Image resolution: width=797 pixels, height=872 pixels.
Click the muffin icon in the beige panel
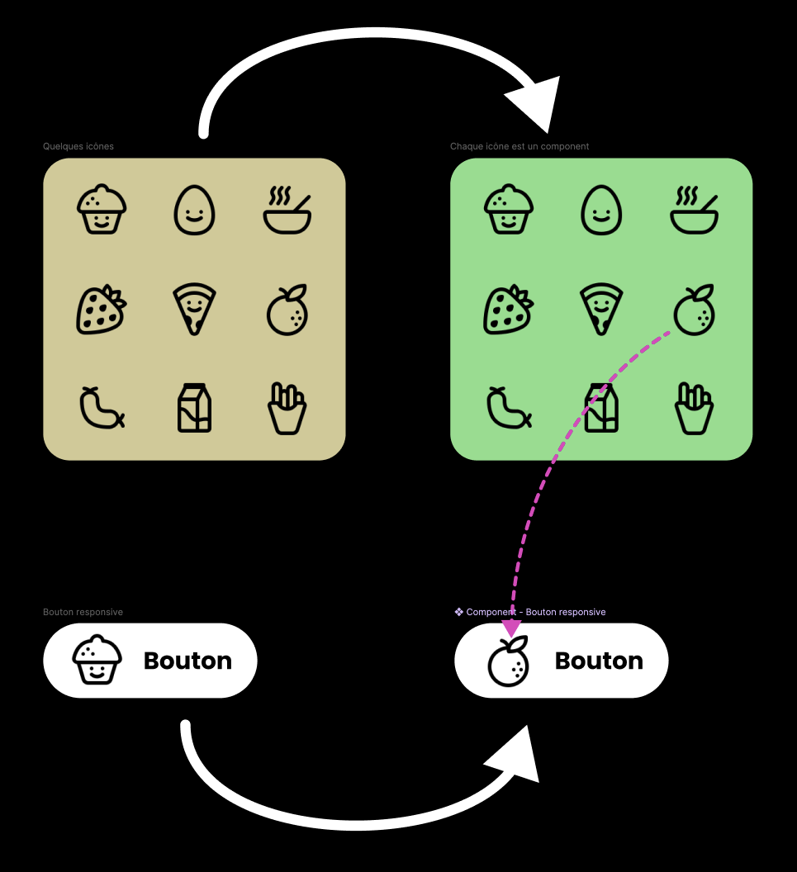tap(102, 210)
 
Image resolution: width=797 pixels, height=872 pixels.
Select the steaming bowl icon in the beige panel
tap(287, 211)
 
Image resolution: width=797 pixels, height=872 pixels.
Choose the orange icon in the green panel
tap(695, 310)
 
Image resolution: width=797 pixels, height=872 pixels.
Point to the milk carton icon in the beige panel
tap(195, 408)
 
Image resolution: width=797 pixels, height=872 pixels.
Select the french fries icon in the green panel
tap(694, 408)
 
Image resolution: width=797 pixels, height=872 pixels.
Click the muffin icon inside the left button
tap(97, 660)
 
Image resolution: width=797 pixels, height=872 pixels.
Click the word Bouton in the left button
tap(187, 661)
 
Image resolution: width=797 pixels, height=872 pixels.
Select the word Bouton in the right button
tap(599, 661)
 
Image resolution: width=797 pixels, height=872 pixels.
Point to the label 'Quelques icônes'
tap(78, 146)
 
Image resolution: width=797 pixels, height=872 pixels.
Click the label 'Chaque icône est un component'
tap(519, 146)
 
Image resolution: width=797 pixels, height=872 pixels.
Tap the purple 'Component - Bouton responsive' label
tap(530, 612)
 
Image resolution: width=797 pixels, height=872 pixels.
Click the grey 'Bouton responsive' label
tap(83, 612)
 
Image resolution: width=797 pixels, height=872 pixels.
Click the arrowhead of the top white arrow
tap(536, 99)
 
